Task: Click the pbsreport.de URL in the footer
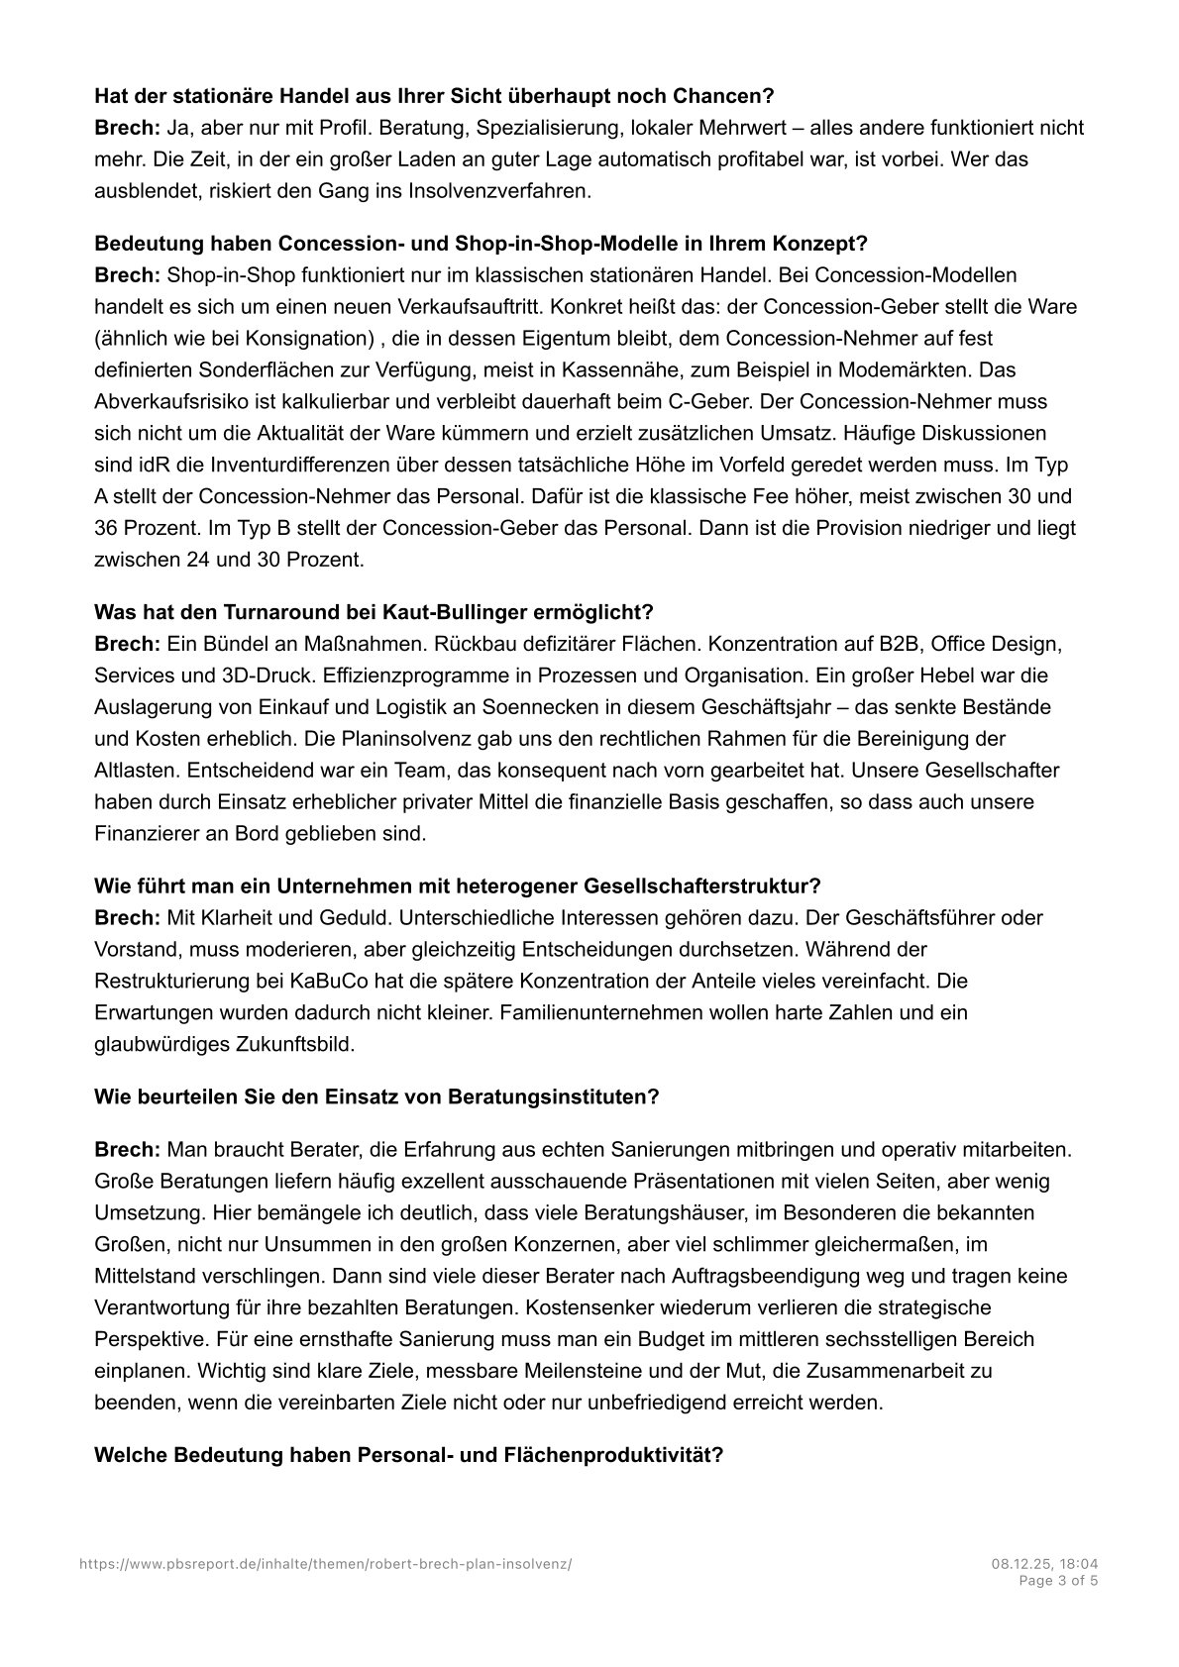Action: click(x=325, y=1564)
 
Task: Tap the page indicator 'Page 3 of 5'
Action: click(x=1058, y=1581)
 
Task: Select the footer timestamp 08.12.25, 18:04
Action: click(x=1043, y=1564)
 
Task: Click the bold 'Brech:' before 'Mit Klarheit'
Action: click(x=127, y=917)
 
